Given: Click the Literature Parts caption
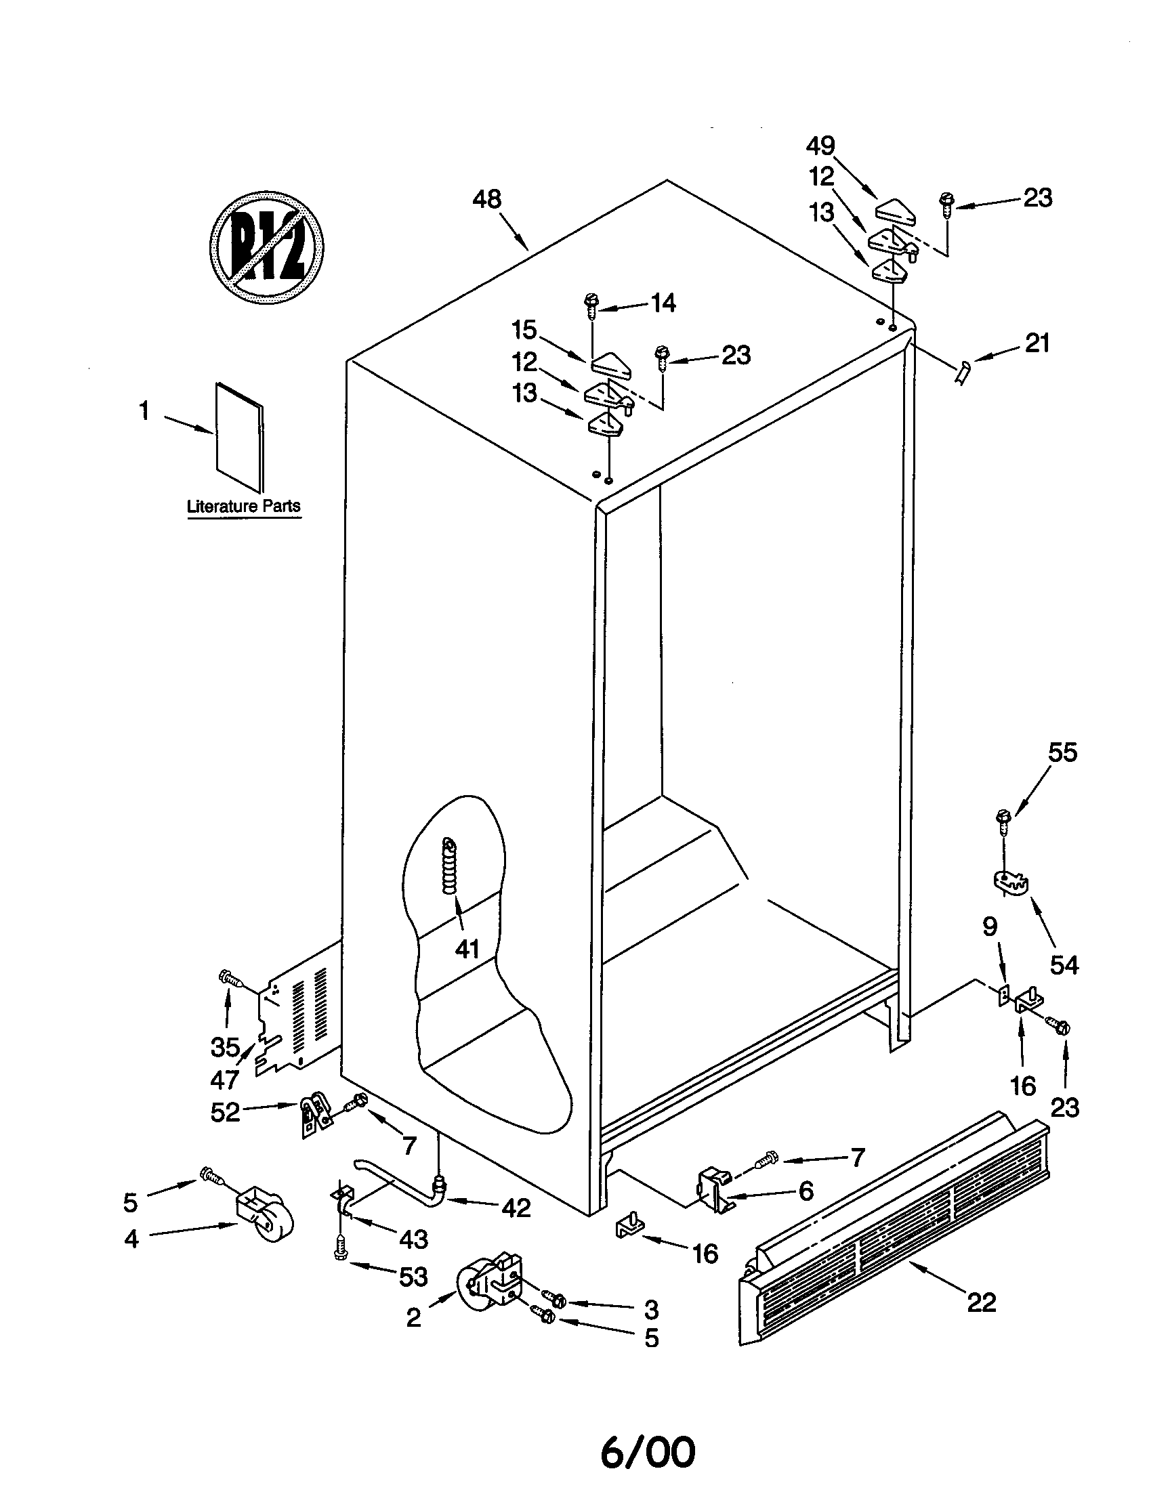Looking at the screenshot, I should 244,506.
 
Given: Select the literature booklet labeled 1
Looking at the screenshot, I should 238,437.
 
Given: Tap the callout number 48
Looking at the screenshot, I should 487,200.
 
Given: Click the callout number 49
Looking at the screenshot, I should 820,146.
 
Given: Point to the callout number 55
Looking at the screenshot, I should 1062,752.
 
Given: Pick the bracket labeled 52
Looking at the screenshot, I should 313,1117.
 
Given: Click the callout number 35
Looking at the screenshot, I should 224,1046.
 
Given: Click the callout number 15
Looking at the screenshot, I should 524,331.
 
